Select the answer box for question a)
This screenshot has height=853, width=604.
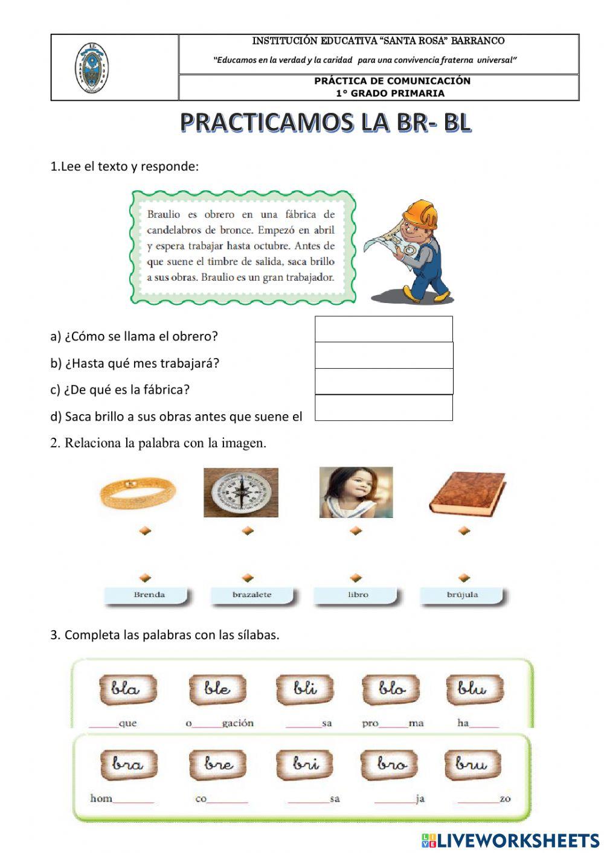[x=384, y=330]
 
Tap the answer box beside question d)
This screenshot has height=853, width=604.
[x=384, y=407]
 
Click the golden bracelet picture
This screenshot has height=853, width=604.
[x=140, y=492]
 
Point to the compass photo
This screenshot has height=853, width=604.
[x=241, y=493]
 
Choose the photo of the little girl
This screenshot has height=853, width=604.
[x=356, y=492]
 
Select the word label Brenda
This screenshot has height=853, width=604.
[x=149, y=595]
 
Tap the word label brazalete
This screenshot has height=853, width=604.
[x=252, y=595]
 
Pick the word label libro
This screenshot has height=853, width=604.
[x=358, y=595]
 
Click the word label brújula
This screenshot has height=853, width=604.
[x=462, y=595]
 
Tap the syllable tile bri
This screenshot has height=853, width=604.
[x=306, y=764]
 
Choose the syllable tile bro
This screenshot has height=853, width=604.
[x=391, y=764]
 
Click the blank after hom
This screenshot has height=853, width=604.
[x=133, y=799]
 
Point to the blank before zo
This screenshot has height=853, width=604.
[x=478, y=799]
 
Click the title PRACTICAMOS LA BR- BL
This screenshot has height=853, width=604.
[x=325, y=123]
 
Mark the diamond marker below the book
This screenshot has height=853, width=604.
[x=464, y=531]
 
